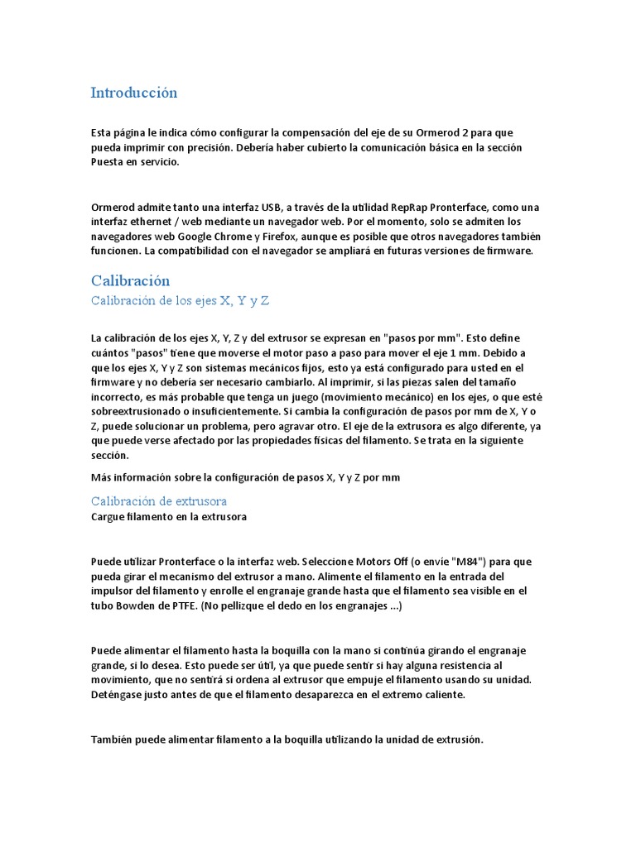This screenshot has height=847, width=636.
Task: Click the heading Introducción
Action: coord(133,93)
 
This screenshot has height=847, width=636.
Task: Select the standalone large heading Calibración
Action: coord(130,281)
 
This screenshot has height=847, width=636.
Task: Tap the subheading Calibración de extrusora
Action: coord(158,501)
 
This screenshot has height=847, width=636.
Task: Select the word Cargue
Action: coord(108,517)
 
